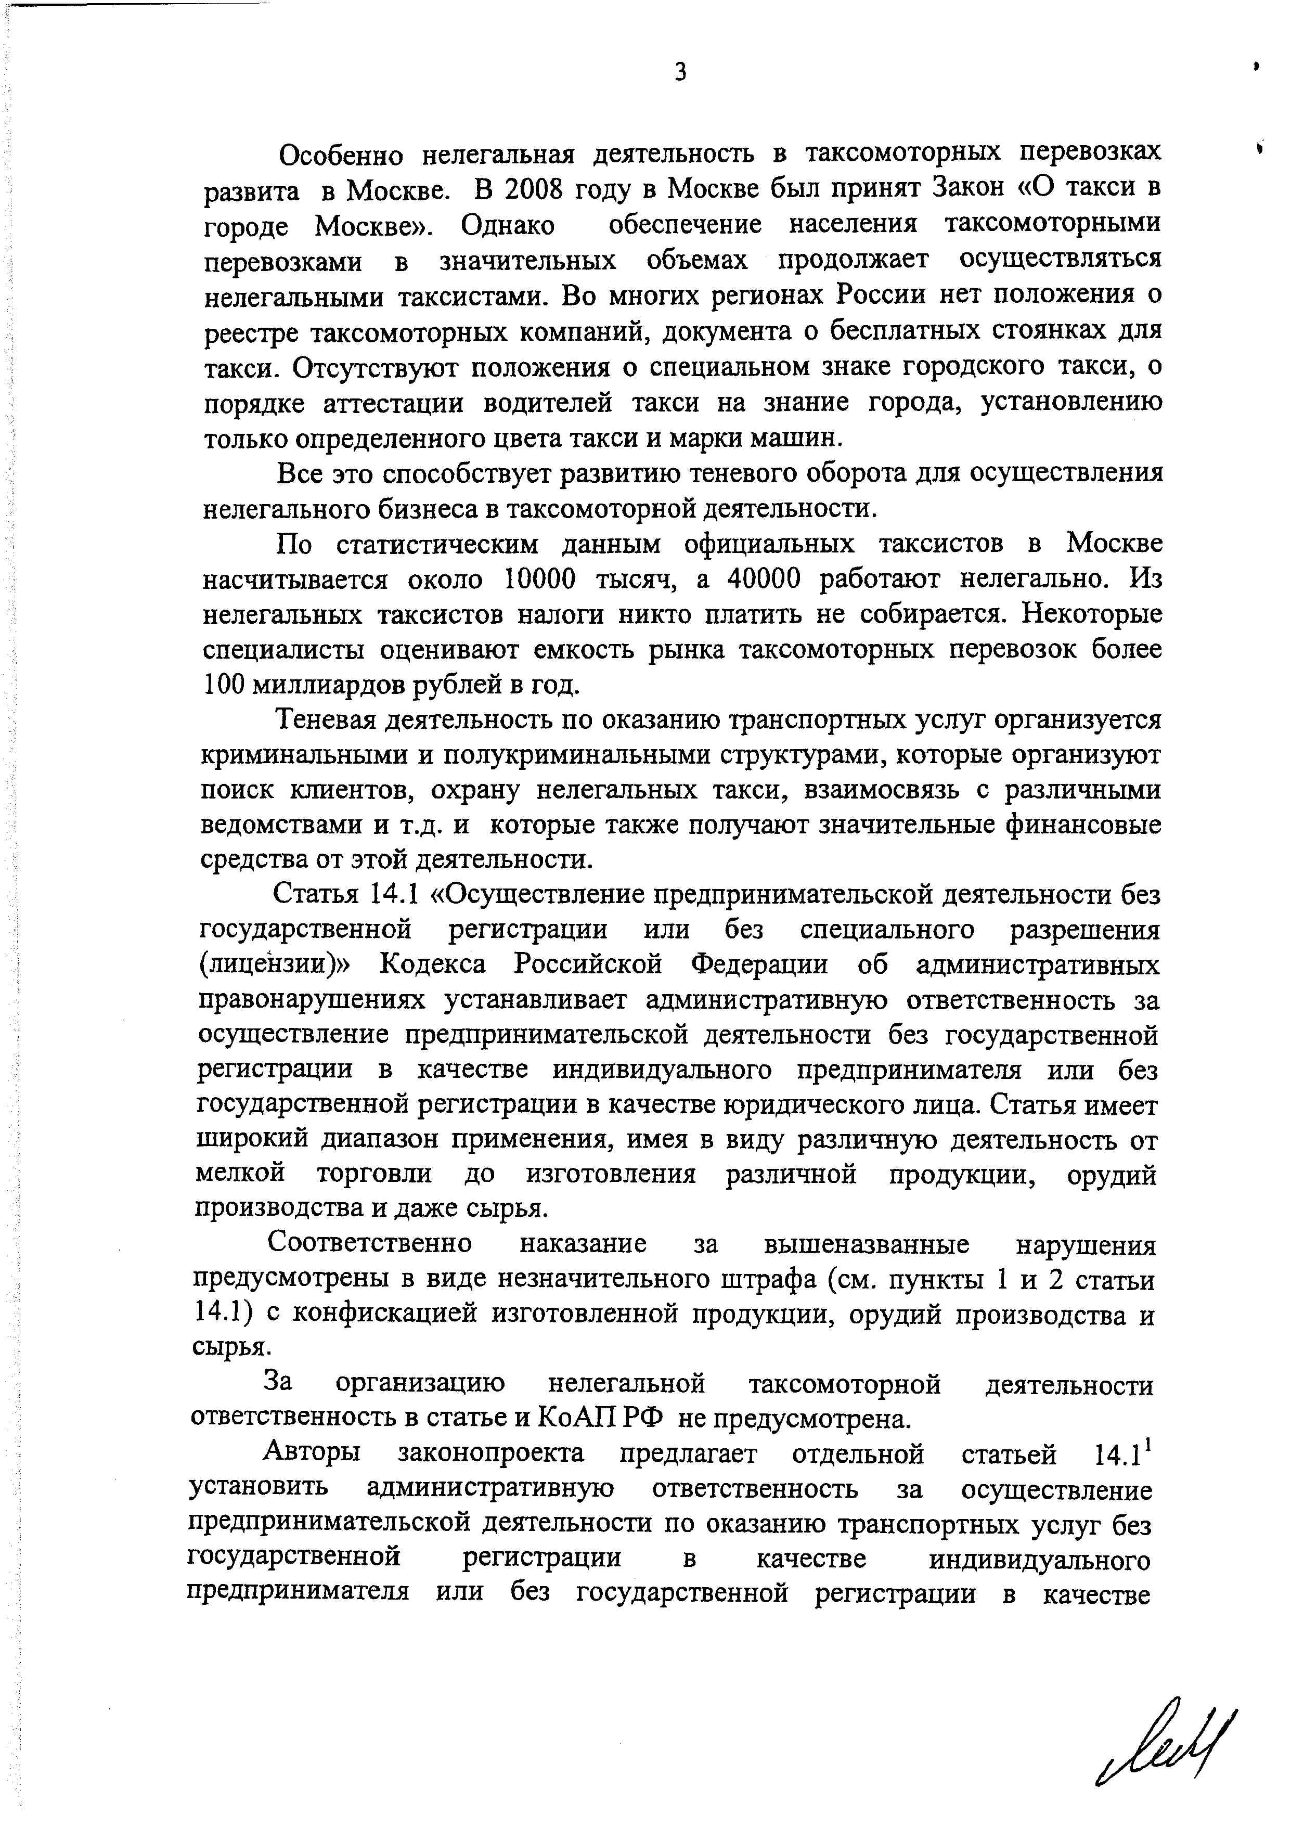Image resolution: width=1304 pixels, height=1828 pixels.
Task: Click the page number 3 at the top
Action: coord(680,72)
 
